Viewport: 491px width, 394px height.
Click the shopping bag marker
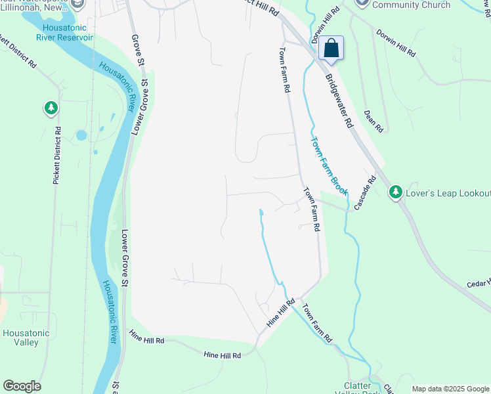point(331,49)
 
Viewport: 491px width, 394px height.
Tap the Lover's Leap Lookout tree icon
point(395,192)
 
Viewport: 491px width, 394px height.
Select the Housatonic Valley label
point(26,338)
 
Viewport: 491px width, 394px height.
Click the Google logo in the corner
point(22,386)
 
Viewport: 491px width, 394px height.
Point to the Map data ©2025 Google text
point(451,389)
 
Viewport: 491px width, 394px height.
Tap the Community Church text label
point(412,5)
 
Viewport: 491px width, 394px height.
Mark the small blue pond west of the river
point(81,135)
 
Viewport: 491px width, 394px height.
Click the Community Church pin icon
point(362,3)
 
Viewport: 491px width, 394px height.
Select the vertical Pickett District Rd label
point(57,155)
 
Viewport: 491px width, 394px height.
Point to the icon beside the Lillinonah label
point(78,5)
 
